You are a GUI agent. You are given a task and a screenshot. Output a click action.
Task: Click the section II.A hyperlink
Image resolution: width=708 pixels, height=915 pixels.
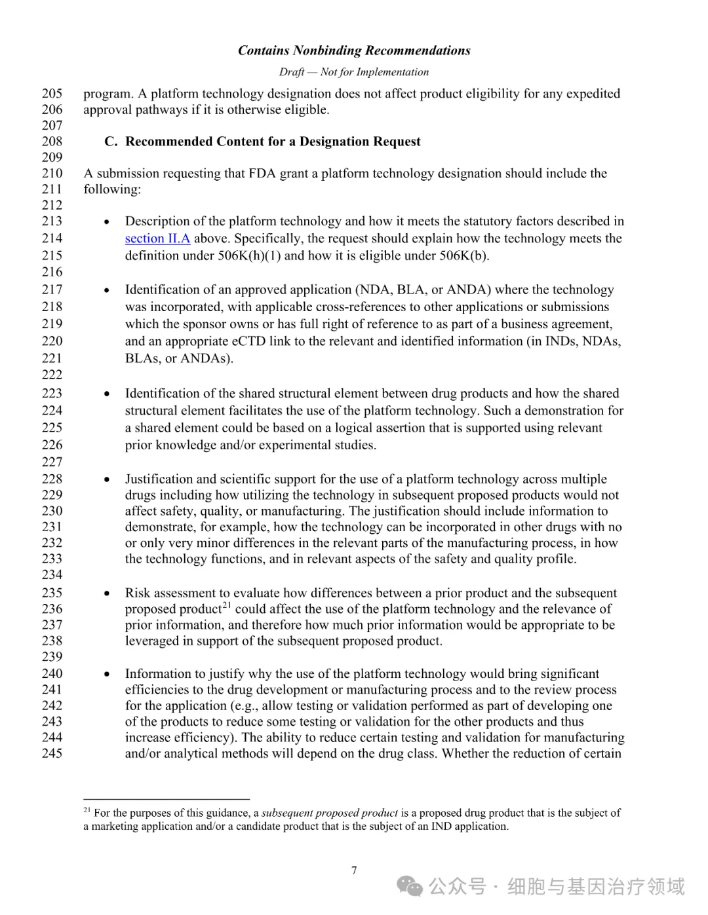[157, 238]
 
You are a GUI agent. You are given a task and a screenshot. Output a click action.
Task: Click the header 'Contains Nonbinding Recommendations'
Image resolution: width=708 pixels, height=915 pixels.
[354, 50]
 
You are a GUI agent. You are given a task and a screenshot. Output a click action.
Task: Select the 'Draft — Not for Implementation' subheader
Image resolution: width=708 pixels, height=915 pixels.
[354, 72]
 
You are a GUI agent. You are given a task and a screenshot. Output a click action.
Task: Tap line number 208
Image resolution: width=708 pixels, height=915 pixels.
[52, 141]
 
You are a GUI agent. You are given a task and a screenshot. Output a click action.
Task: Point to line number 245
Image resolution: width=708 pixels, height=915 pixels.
[52, 753]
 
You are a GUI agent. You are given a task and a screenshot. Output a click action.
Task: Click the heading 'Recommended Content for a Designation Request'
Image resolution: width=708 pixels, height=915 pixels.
[273, 141]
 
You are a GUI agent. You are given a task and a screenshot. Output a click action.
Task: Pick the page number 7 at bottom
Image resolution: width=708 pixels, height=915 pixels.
[354, 870]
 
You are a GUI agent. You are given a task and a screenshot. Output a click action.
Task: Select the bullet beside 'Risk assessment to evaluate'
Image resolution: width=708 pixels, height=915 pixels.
[107, 593]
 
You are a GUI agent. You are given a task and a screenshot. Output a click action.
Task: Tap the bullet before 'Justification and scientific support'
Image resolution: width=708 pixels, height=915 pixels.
[107, 479]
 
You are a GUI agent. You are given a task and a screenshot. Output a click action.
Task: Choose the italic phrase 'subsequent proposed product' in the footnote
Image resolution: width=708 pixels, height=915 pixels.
[330, 813]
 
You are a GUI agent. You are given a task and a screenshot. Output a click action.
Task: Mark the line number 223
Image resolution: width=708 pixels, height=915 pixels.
[52, 393]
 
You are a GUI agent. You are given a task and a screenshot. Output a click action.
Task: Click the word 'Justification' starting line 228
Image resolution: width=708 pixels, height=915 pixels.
[158, 479]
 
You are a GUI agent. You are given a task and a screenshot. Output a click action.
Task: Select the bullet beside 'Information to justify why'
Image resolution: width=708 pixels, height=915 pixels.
[107, 674]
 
